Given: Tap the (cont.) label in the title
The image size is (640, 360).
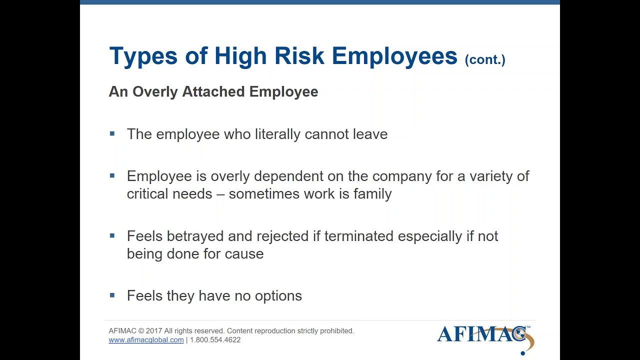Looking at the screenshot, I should (x=485, y=59).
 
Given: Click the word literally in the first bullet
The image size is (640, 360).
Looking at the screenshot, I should (x=277, y=134).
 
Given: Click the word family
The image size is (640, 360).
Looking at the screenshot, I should (x=372, y=194).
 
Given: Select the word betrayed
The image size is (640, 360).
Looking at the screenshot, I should (x=195, y=236).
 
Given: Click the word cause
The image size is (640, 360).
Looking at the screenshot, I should (x=244, y=254).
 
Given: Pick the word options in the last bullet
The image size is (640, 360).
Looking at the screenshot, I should (x=278, y=296).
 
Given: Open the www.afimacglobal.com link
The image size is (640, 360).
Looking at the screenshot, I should (x=146, y=340).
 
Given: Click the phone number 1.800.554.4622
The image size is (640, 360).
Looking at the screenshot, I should (x=215, y=340).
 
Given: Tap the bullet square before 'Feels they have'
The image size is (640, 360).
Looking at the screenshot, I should (x=112, y=295).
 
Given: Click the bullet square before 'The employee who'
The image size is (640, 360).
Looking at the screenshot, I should (x=112, y=133).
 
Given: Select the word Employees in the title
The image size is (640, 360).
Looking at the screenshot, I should (x=394, y=56).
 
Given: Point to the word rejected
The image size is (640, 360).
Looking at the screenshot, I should (x=282, y=236).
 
